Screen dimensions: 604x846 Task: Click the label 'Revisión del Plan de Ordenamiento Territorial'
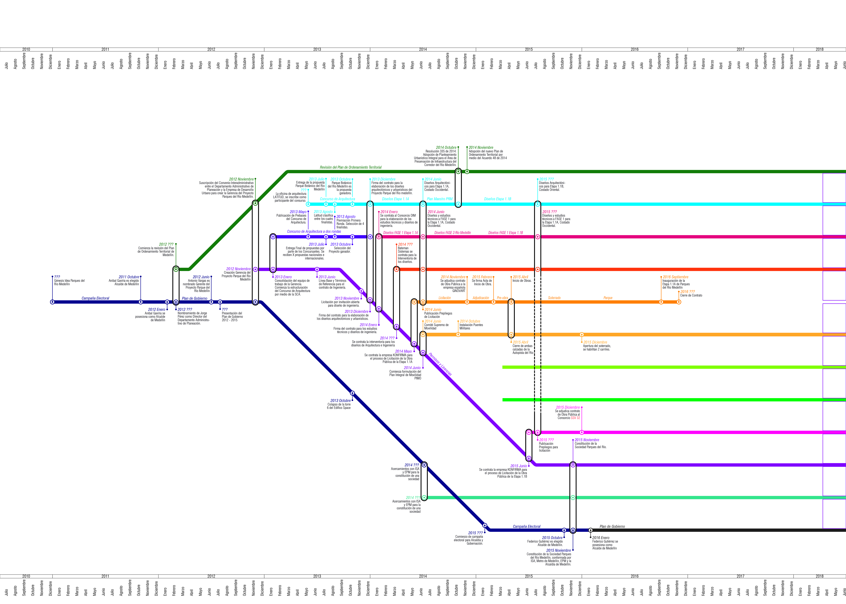350,167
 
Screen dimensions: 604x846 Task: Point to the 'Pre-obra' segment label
502,298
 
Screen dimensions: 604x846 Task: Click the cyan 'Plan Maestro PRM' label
439,199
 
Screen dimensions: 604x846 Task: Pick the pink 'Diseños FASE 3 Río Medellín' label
452,233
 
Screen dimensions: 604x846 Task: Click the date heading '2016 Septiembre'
675,277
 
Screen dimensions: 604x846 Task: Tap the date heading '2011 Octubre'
129,277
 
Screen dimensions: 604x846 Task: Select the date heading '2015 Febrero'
482,277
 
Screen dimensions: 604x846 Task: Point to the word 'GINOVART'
459,291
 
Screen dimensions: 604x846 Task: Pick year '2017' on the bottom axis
740,576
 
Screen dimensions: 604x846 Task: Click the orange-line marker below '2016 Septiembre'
661,302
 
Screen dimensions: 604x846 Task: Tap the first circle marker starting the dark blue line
52,302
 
